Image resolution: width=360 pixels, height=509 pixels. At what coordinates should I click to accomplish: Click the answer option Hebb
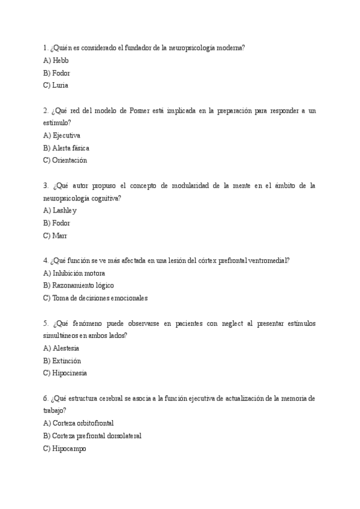56,61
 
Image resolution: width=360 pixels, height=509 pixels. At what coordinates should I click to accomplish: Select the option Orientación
65,160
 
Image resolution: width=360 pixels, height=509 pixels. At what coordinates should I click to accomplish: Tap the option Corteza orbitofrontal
79,423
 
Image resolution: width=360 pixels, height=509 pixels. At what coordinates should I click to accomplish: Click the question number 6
46,399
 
